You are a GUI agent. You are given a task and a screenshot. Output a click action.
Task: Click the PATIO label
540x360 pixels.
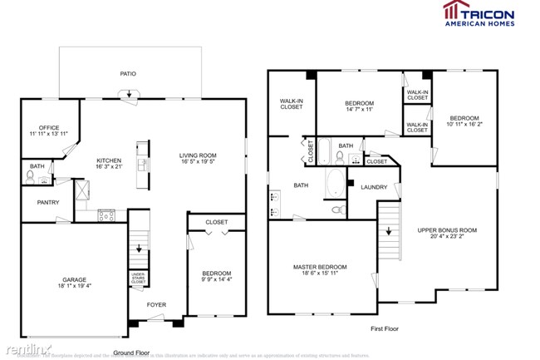[128, 74]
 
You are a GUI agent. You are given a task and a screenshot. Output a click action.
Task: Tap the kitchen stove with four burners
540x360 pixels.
[106, 215]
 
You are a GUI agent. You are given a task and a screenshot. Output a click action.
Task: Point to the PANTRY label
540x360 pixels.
[47, 202]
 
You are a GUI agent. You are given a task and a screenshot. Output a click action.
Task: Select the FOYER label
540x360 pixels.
[156, 304]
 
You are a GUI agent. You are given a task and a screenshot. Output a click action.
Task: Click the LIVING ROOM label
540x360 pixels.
[198, 155]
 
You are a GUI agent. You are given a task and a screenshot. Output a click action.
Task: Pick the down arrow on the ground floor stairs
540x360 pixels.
[139, 249]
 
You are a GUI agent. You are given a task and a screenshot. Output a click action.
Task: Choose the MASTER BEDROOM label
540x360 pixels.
[320, 267]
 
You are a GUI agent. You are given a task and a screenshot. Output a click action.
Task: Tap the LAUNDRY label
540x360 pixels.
[373, 187]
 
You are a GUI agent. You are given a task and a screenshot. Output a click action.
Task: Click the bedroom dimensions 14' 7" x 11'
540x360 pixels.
[361, 109]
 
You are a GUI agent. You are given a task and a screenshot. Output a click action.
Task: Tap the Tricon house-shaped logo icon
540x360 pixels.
[452, 11]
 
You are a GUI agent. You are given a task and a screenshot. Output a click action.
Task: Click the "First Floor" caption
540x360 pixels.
[386, 329]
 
